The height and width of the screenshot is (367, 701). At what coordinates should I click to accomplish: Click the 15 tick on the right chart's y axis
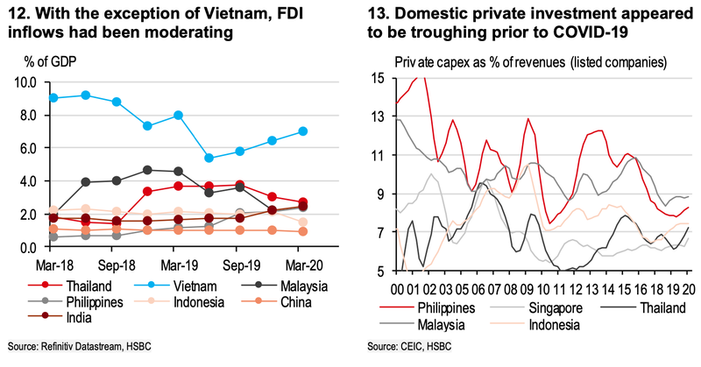point(379,79)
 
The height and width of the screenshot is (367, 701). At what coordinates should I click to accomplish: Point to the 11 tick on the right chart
point(379,155)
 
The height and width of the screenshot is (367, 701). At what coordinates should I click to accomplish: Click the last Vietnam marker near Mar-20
point(302,131)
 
